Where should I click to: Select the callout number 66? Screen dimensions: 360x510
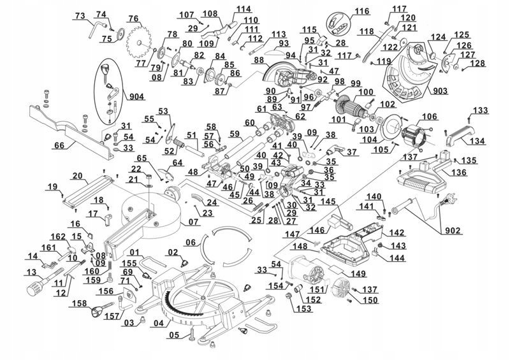[58, 145]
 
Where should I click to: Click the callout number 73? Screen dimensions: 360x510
[80, 15]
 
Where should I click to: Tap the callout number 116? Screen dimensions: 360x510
[362, 11]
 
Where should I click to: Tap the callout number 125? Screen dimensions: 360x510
[462, 34]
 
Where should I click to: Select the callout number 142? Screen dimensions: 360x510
[398, 233]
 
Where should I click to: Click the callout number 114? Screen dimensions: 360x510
[226, 8]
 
